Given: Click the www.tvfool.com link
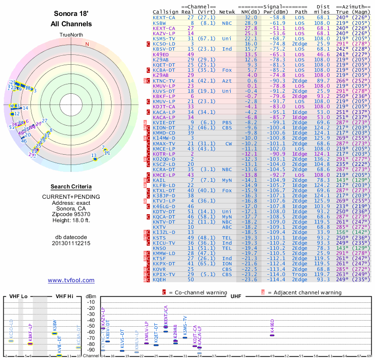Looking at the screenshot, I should pos(71,280).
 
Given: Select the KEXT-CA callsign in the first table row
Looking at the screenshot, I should pos(164,17).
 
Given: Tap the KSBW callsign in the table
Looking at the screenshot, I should pos(159,22).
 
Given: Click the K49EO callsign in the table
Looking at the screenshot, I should pos(161,54).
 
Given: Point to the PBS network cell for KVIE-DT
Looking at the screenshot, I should pos(227,123).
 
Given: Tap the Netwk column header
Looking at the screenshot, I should pos(227,12).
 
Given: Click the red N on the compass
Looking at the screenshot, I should pos(87,45).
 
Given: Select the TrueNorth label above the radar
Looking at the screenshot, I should pos(71,35).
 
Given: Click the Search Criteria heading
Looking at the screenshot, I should pos(71,187).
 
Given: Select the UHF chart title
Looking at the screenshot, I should pos(236,297).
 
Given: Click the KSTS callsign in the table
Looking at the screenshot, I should pos(159,238).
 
